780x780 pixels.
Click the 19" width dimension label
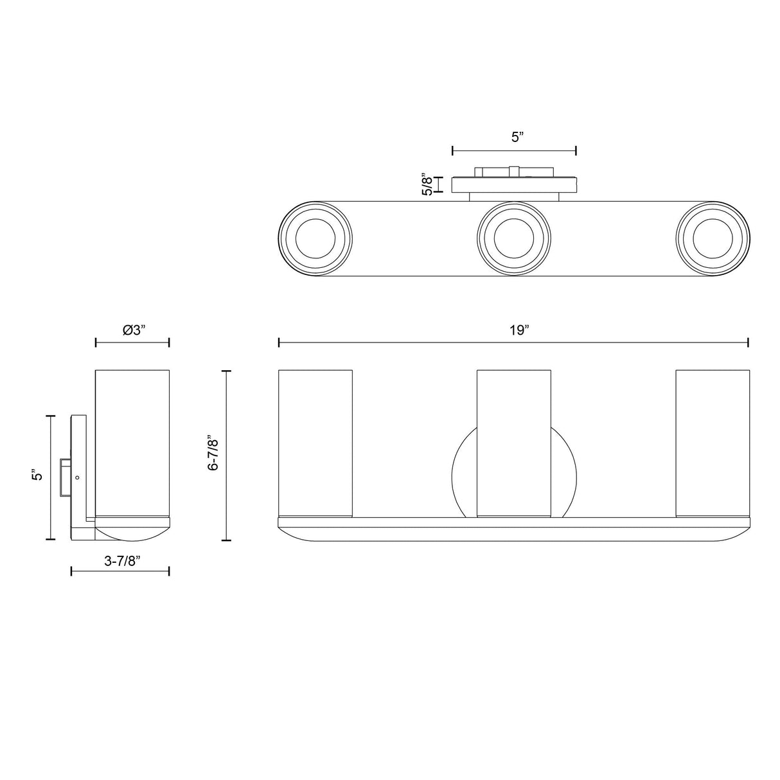[519, 330]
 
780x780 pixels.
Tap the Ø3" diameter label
[134, 330]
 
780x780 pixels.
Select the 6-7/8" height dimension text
[213, 453]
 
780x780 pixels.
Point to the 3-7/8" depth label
[122, 561]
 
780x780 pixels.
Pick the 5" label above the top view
[518, 137]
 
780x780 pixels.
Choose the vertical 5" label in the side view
[37, 474]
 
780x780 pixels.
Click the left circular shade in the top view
[315, 239]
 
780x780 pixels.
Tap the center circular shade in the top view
[513, 239]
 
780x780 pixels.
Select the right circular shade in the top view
[713, 239]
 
